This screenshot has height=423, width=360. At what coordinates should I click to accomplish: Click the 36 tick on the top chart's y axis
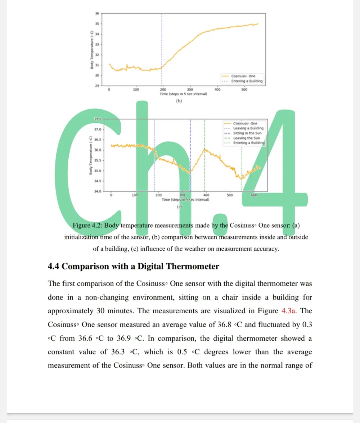(96, 13)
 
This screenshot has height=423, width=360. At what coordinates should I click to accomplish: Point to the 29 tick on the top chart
(96, 86)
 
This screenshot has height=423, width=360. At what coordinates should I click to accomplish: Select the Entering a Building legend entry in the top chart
(247, 81)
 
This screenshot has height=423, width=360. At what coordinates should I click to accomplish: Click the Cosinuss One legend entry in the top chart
(243, 76)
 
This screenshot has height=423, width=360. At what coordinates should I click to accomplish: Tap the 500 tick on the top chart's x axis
(244, 90)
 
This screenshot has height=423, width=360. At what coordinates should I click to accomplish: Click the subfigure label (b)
(179, 101)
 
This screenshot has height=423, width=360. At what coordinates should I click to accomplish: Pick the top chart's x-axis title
(184, 94)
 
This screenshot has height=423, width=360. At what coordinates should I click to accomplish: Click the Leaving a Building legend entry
(248, 128)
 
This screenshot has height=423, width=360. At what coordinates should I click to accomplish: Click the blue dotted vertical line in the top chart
(162, 47)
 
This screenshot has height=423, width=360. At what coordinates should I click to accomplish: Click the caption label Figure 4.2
(87, 226)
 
